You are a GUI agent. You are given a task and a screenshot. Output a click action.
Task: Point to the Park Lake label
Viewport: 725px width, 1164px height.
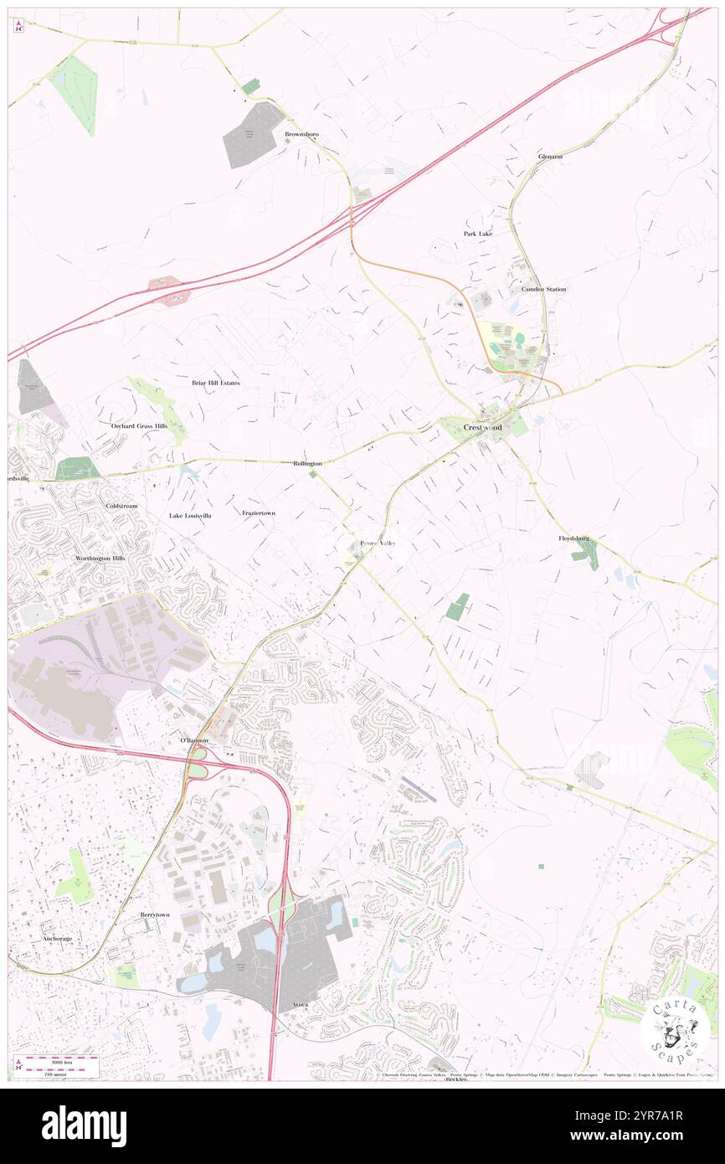point(478,234)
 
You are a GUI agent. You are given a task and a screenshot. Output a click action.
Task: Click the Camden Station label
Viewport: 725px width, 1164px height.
point(543,289)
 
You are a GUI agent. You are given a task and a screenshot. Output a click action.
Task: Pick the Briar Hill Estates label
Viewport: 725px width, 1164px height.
point(215,383)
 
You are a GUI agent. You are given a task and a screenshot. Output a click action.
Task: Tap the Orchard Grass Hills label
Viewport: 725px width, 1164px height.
point(139,425)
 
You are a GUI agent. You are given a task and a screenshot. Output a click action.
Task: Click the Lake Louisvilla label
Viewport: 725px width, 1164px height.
point(190,516)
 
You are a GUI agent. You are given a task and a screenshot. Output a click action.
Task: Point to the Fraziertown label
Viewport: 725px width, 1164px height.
point(259,512)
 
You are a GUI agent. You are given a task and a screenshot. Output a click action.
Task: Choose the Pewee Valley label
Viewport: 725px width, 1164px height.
point(378,543)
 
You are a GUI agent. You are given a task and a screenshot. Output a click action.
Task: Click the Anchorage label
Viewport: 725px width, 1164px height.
point(57,939)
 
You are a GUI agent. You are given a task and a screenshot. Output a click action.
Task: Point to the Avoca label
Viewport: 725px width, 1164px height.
point(299,1004)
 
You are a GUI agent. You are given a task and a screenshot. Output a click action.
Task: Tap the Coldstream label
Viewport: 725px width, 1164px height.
point(121,507)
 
